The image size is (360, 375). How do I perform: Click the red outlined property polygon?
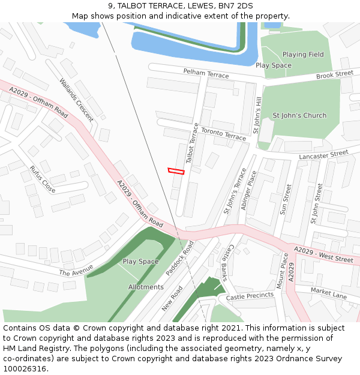pyautogui.click(x=176, y=171)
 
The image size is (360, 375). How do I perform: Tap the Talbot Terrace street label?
pyautogui.click(x=192, y=143)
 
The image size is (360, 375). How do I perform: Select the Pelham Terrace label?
pyautogui.click(x=206, y=73)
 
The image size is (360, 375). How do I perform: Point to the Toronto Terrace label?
pyautogui.click(x=223, y=134)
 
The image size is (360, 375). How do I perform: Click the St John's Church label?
pyautogui.click(x=299, y=115)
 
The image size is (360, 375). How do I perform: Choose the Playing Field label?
pyautogui.click(x=303, y=55)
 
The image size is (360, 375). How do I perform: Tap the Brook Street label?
pyautogui.click(x=334, y=74)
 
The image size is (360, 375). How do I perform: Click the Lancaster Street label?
pyautogui.click(x=323, y=155)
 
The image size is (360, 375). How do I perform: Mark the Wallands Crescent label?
pyautogui.click(x=76, y=99)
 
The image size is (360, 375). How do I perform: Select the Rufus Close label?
pyautogui.click(x=43, y=179)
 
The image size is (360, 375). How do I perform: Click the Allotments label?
pyautogui.click(x=146, y=287)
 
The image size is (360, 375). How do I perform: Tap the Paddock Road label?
pyautogui.click(x=179, y=259)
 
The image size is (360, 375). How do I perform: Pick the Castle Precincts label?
pyautogui.click(x=250, y=295)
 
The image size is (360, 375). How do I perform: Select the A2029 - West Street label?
pyautogui.click(x=323, y=254)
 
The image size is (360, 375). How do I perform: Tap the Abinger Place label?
pyautogui.click(x=248, y=190)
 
